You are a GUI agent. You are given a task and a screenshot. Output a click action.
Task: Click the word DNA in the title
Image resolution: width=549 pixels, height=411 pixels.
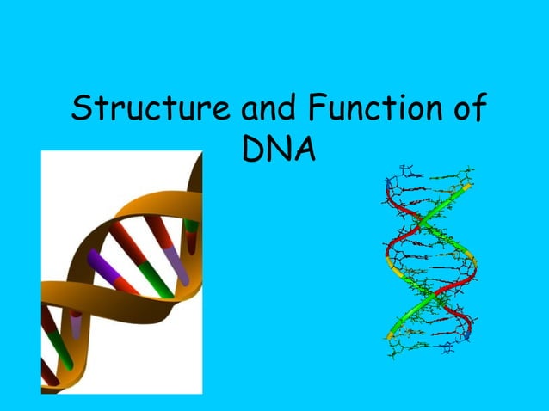(277, 151)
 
